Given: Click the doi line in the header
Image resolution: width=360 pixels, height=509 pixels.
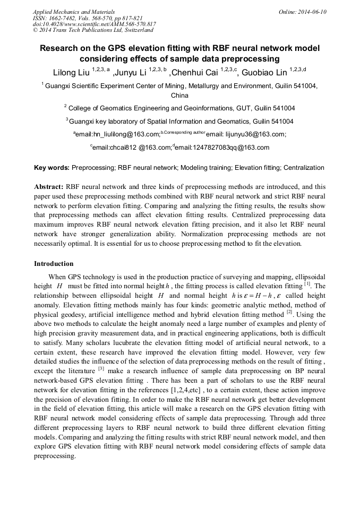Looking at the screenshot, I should click(x=94, y=24).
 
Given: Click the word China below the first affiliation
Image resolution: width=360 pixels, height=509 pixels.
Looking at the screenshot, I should click(x=179, y=96).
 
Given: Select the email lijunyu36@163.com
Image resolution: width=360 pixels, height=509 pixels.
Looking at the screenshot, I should click(x=257, y=135).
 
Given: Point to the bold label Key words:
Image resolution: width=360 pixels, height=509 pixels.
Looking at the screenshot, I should click(x=52, y=168).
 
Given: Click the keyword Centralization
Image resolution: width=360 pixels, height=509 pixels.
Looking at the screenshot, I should click(x=303, y=168).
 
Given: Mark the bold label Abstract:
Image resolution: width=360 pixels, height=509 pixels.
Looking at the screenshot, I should click(x=48, y=187).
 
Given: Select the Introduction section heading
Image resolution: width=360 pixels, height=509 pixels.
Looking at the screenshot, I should click(x=54, y=263).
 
